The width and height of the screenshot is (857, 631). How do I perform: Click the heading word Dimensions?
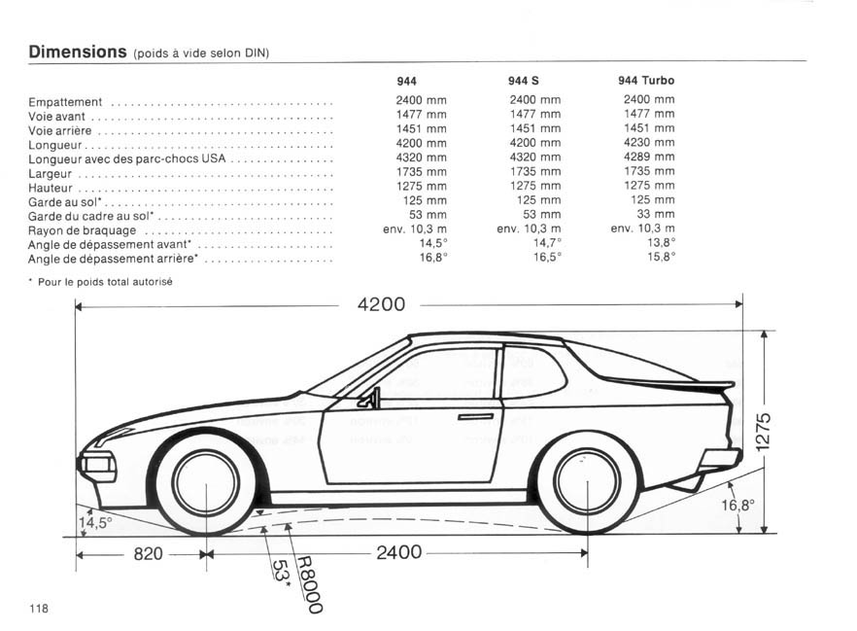click(x=78, y=52)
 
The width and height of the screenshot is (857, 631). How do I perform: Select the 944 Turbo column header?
click(x=646, y=81)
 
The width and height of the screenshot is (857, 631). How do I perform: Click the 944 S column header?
click(x=523, y=81)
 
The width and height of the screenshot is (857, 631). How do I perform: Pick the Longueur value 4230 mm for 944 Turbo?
click(x=649, y=142)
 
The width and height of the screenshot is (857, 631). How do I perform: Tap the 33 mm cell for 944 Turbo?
click(x=655, y=214)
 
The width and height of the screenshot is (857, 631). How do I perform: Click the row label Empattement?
click(x=65, y=102)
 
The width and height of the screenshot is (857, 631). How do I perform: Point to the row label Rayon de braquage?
click(x=82, y=230)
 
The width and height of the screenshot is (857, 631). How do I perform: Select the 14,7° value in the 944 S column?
click(x=547, y=243)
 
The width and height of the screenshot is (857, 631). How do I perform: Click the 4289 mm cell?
click(x=649, y=157)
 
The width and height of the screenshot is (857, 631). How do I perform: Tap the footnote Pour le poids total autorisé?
click(x=105, y=282)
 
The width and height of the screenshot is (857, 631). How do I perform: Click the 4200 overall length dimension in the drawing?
click(x=381, y=304)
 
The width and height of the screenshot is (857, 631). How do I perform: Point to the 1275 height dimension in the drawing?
click(x=763, y=432)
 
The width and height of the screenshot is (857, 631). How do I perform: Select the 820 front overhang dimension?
click(x=148, y=554)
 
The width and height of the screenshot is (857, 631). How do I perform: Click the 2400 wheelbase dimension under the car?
click(x=399, y=552)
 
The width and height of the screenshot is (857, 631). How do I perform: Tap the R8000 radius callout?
click(x=309, y=585)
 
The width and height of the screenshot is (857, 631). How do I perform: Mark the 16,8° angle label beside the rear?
click(x=737, y=505)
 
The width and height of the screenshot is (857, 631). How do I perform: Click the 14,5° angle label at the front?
click(x=95, y=523)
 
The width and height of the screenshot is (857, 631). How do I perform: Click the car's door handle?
click(x=475, y=417)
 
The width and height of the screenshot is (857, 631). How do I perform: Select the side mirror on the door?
click(x=369, y=399)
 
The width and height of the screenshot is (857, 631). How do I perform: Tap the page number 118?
click(x=39, y=608)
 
